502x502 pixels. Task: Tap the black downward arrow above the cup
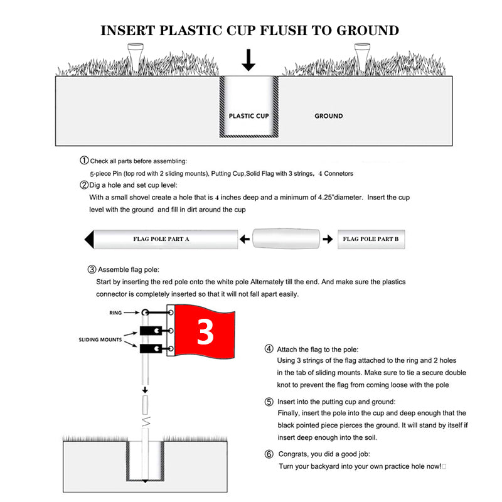[x=249, y=60]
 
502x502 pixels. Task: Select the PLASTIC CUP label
[x=248, y=116]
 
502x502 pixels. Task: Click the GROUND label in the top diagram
[x=328, y=116]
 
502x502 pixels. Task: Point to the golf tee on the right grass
[x=361, y=55]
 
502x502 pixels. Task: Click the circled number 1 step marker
[x=84, y=161]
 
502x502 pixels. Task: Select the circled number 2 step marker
[x=84, y=185]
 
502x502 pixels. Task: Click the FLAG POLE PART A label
[x=161, y=240]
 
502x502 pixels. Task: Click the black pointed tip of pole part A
[x=89, y=240]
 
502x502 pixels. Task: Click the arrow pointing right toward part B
[x=327, y=239]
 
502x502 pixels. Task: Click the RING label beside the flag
[x=116, y=312]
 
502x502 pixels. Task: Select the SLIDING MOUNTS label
[x=100, y=339]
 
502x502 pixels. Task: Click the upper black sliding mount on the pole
[x=151, y=331]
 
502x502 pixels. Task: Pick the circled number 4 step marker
[x=269, y=349]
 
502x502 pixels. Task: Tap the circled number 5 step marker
[x=269, y=402]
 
